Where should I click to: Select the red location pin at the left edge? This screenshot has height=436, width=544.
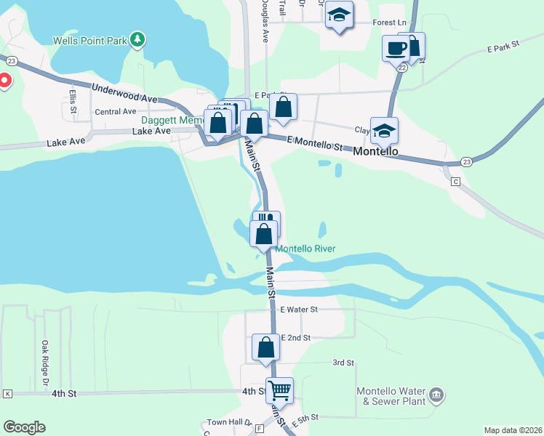coord(4,80)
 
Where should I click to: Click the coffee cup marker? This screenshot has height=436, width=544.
coord(396,49)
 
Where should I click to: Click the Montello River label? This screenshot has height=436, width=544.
coord(305,249)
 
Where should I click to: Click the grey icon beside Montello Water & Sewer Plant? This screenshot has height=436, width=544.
coord(436,395)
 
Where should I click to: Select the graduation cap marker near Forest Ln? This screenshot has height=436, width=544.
coord(339,15)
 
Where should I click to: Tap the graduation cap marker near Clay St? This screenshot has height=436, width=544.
coord(384,132)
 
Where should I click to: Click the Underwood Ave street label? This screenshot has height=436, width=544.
coord(124,93)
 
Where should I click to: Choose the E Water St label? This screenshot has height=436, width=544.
coord(298,310)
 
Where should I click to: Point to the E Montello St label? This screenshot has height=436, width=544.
coord(314,142)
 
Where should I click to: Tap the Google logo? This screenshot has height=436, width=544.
coord(24,427)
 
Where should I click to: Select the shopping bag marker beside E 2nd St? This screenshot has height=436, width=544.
coord(266,347)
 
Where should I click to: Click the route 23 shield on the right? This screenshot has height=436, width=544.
coord(466,161)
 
